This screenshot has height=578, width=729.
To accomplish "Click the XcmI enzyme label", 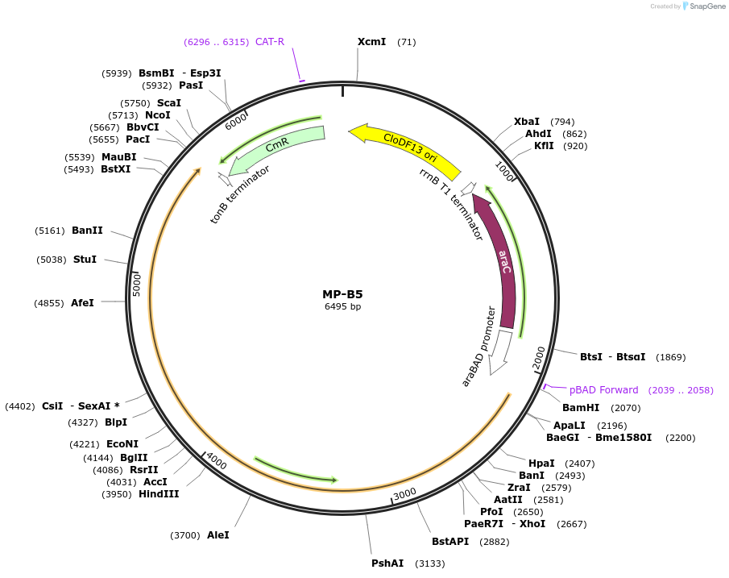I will click(371, 42).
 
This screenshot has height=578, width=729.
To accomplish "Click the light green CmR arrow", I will click(277, 148).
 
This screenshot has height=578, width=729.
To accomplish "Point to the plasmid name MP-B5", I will click(342, 294).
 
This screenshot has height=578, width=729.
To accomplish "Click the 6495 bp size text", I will click(342, 306).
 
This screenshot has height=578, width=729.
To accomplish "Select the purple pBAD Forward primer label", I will click(603, 390).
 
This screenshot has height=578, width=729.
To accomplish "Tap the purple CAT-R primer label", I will click(270, 42).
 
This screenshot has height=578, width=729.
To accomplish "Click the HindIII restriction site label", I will click(159, 494).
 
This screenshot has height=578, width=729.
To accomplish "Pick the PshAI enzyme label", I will click(387, 563).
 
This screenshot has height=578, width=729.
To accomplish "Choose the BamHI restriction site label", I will click(581, 408).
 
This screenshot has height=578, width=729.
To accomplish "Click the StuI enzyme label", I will click(85, 260).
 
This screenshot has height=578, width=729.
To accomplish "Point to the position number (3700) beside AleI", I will click(185, 535).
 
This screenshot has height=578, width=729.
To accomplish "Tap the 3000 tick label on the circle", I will click(404, 493).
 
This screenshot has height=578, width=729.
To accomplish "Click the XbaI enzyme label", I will click(527, 122).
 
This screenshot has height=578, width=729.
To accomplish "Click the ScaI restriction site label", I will click(169, 103).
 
